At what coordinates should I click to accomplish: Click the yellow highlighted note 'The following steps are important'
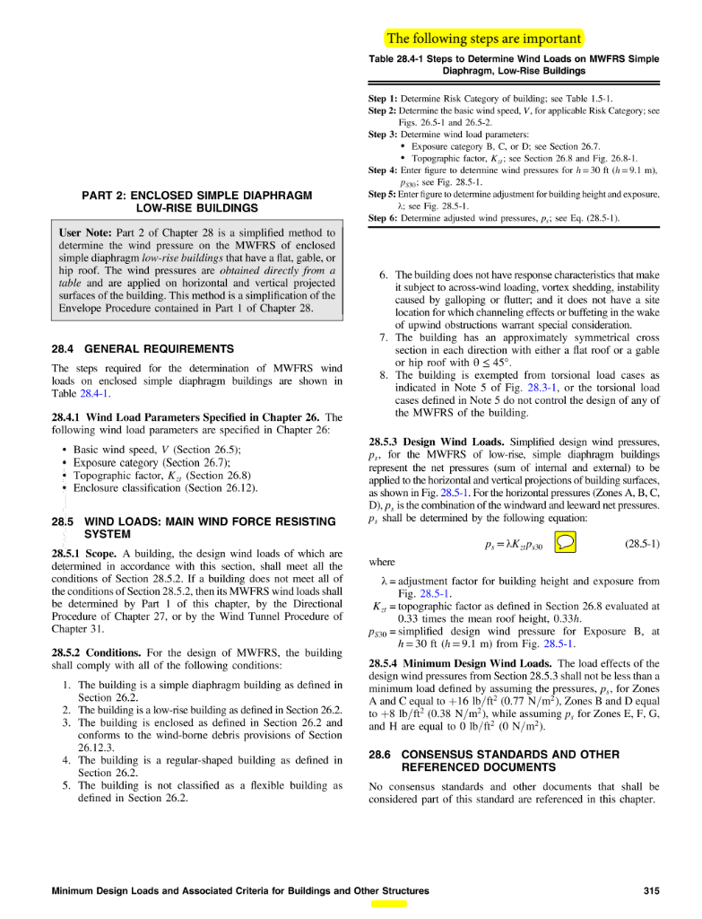483,39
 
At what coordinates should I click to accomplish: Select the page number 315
652,891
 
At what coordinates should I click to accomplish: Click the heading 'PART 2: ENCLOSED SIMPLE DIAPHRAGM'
196,195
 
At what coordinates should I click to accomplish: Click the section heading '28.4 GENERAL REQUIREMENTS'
143,348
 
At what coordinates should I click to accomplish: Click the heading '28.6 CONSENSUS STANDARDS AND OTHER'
494,755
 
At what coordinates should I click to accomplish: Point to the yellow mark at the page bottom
389,905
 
